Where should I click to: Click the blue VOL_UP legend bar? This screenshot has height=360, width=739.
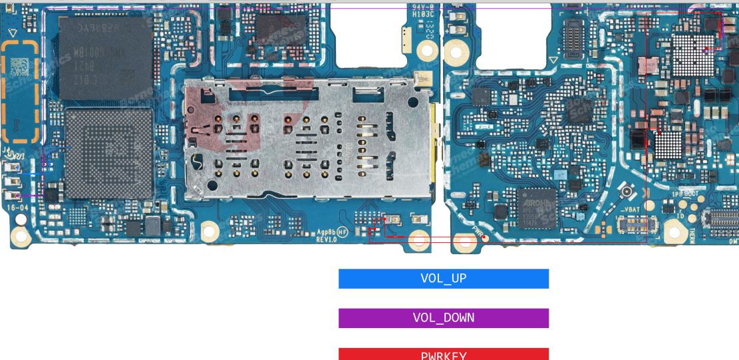pyautogui.click(x=443, y=279)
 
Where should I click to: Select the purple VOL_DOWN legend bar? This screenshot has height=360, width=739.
pyautogui.click(x=443, y=318)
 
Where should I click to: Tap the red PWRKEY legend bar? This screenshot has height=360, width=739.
pyautogui.click(x=443, y=354)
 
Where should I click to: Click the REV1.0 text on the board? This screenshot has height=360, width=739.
pyautogui.click(x=326, y=239)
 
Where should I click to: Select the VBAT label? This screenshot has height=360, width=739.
pyautogui.click(x=631, y=210)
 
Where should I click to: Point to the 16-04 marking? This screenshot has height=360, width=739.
pyautogui.click(x=17, y=208)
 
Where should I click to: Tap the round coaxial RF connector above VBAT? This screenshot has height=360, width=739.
pyautogui.click(x=626, y=194)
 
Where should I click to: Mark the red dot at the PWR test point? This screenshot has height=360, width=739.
pyautogui.click(x=486, y=238)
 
